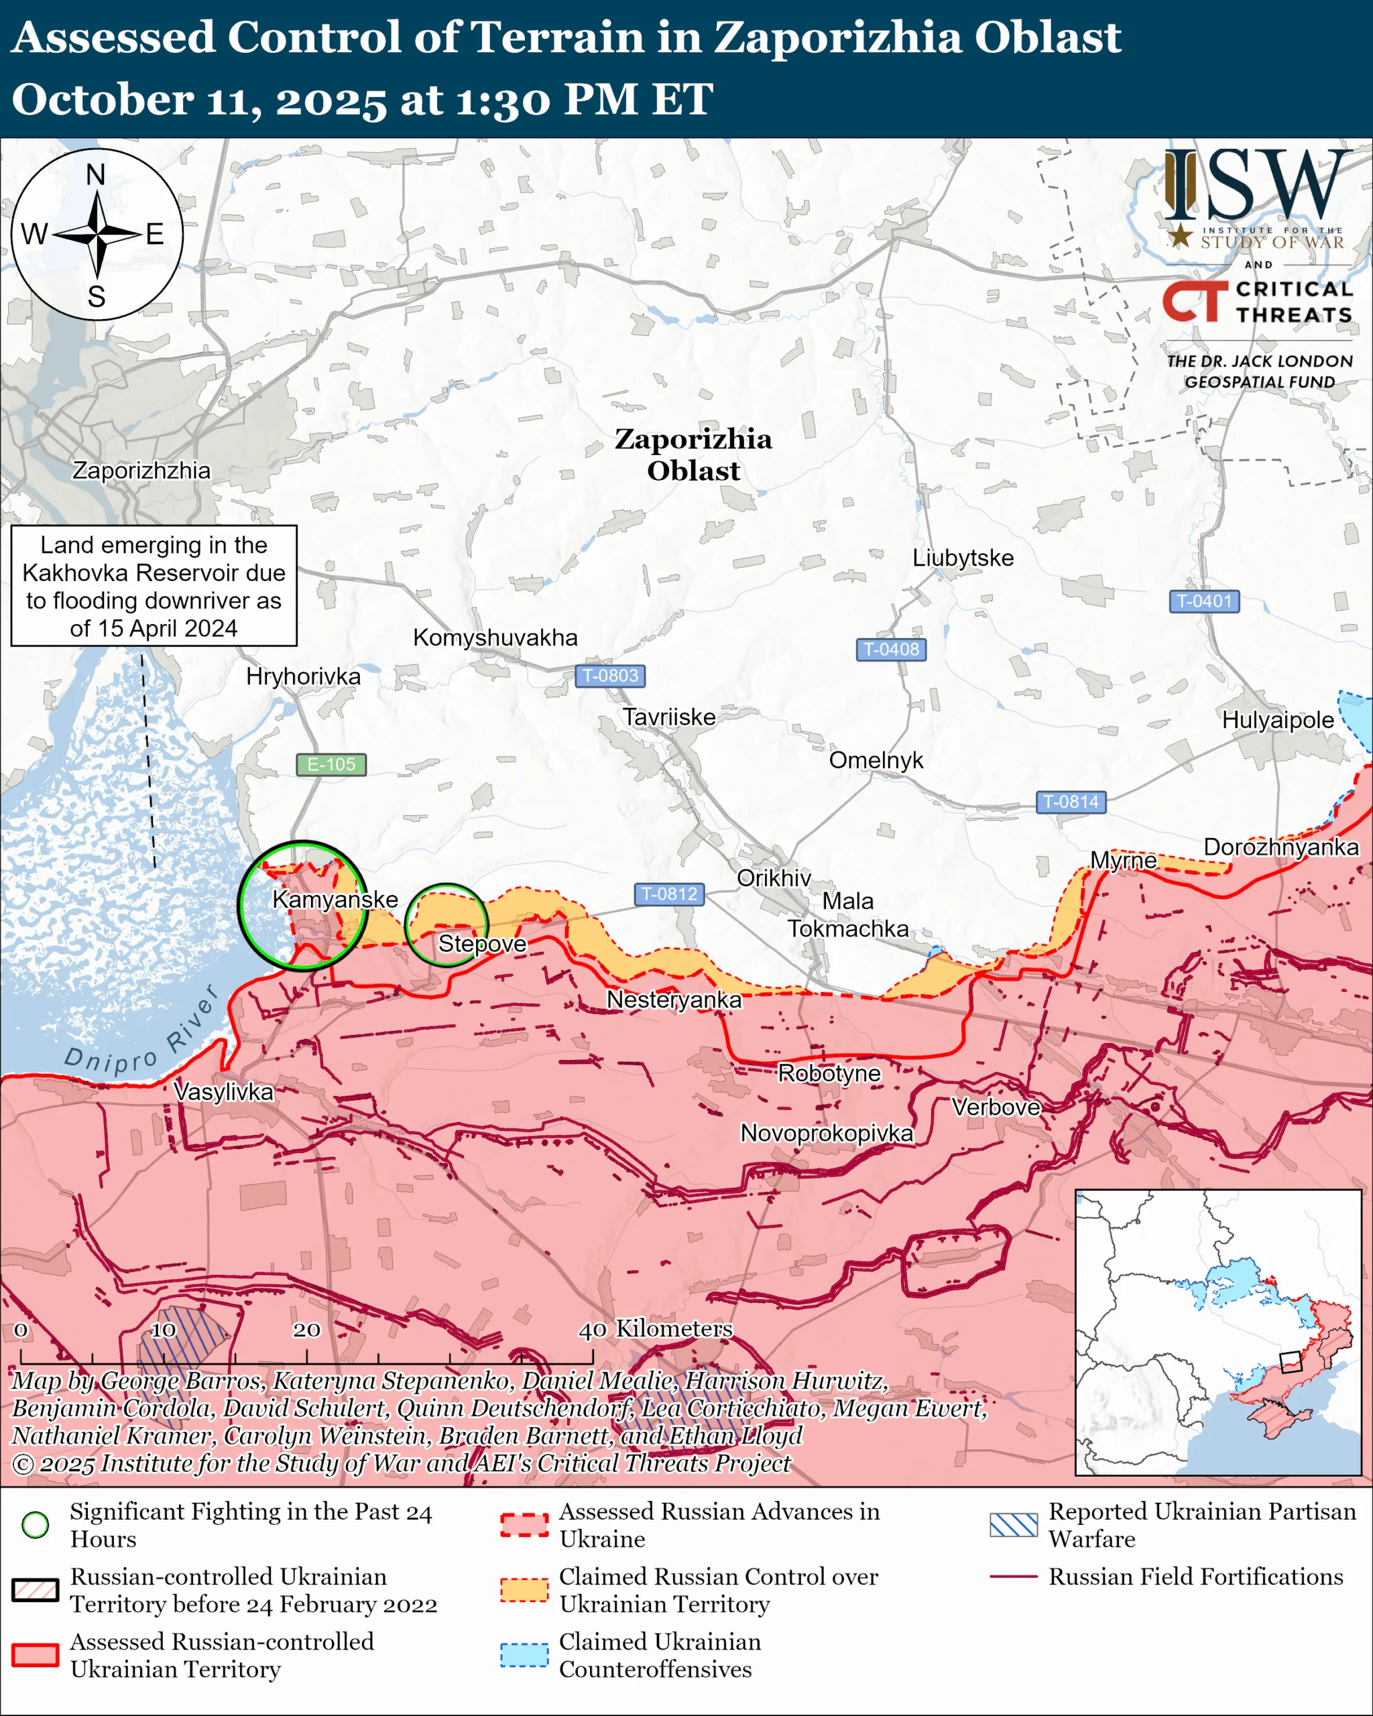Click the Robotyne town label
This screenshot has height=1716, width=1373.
(x=829, y=1074)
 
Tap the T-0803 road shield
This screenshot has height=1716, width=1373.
(x=609, y=676)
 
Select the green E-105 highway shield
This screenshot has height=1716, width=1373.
(x=331, y=764)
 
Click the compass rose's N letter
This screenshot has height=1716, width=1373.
(x=95, y=175)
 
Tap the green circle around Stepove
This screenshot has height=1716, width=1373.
(x=446, y=925)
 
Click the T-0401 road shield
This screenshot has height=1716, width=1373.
(x=1203, y=601)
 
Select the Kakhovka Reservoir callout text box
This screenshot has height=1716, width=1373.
(x=154, y=586)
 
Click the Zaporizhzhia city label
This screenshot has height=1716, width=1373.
(x=141, y=471)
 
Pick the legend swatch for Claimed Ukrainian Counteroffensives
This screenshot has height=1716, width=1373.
(x=524, y=1655)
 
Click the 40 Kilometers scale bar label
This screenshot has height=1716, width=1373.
(x=654, y=1329)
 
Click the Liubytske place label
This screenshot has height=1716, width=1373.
(x=962, y=558)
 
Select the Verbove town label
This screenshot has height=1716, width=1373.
(x=996, y=1107)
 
